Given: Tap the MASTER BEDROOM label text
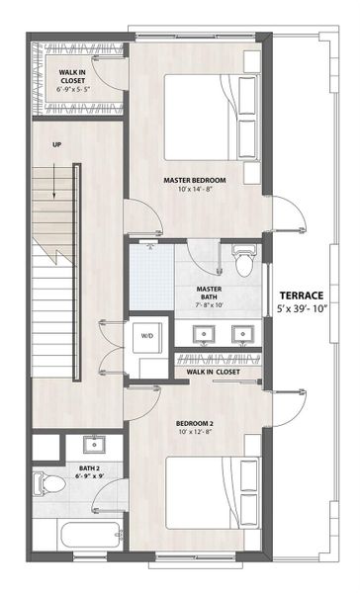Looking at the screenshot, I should (195, 180).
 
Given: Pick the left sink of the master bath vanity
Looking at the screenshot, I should (204, 333).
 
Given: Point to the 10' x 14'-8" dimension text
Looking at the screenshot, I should (195, 190).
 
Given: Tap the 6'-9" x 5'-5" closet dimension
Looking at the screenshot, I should (75, 89).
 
